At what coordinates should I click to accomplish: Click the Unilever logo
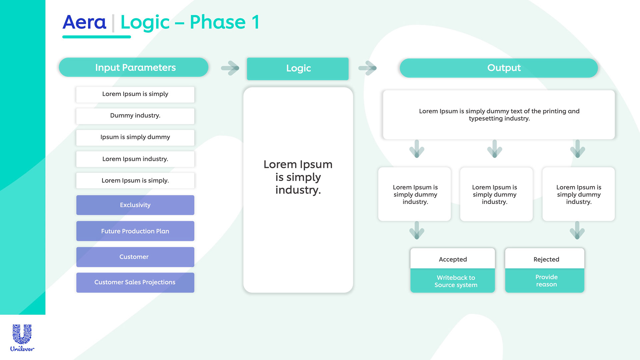[22, 338]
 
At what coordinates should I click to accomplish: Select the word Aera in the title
[84, 22]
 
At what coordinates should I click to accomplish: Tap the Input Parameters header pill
[134, 67]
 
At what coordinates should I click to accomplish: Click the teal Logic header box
[298, 69]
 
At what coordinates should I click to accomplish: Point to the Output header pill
[499, 68]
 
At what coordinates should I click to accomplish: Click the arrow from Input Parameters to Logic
[230, 68]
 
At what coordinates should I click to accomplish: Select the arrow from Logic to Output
[367, 68]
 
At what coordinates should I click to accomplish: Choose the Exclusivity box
[135, 205]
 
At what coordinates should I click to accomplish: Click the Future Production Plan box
[135, 231]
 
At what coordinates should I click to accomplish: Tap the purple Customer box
[135, 257]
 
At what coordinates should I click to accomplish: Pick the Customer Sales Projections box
[135, 283]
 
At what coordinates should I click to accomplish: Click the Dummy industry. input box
[135, 116]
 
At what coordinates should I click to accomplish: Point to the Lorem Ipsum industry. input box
[135, 159]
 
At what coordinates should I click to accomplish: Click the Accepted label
[453, 259]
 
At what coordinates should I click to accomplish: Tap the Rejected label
[546, 259]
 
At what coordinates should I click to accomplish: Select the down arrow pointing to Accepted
[417, 230]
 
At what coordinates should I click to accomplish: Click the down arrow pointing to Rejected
[577, 230]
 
